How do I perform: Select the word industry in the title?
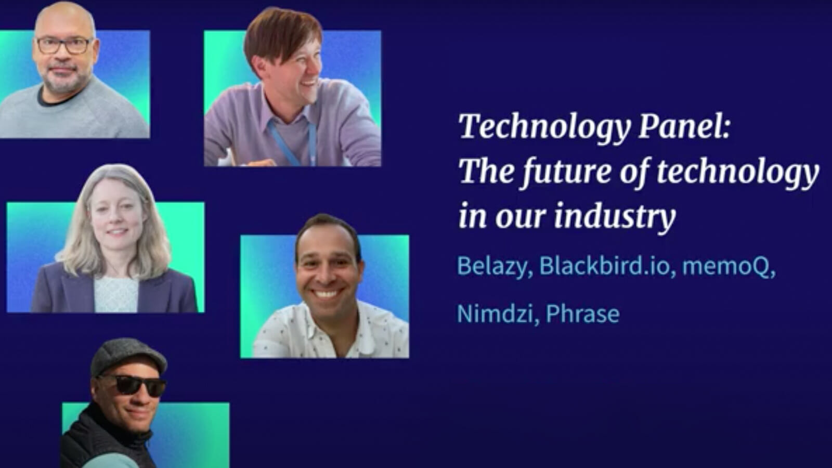click(x=614, y=216)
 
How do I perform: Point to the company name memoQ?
click(x=727, y=266)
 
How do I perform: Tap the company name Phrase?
click(x=582, y=314)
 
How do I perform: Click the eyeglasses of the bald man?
click(x=63, y=45)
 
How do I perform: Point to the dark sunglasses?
click(x=134, y=385)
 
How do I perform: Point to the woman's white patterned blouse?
click(x=116, y=294)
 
